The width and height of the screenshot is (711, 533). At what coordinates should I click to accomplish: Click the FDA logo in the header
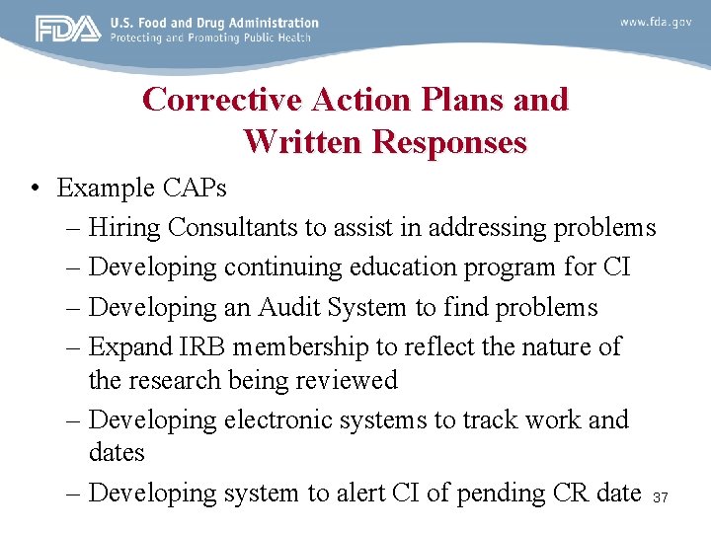pyautogui.click(x=68, y=29)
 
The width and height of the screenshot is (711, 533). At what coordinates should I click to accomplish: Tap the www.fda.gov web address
pyautogui.click(x=656, y=22)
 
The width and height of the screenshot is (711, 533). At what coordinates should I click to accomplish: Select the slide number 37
pyautogui.click(x=661, y=498)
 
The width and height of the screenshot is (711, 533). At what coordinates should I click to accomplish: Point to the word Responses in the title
pyautogui.click(x=449, y=142)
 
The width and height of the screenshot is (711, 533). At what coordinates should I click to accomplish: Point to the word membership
pyautogui.click(x=288, y=346)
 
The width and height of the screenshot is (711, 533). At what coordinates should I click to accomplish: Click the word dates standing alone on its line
pyautogui.click(x=117, y=453)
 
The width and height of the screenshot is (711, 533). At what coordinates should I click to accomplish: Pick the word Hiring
pyautogui.click(x=124, y=228)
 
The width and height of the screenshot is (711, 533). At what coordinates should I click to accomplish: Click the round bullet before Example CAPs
pyautogui.click(x=35, y=189)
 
